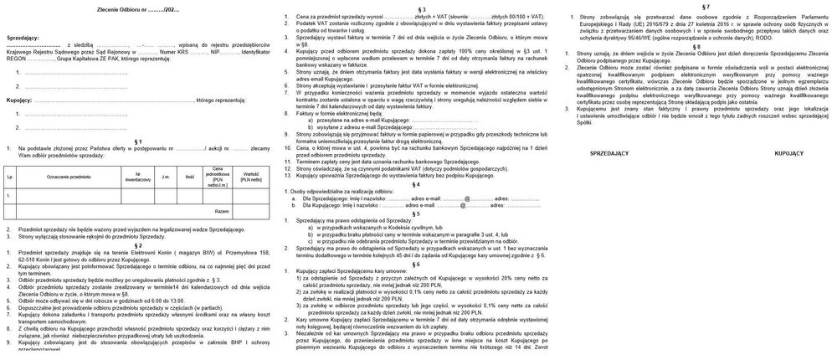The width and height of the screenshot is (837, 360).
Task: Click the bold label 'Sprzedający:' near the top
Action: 23,39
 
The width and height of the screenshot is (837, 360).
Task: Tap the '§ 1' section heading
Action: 138,141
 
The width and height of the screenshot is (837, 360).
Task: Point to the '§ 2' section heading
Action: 138,244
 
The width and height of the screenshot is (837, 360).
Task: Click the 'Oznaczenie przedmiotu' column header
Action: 69,177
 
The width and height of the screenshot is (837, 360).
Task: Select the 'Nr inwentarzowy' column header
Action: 137,177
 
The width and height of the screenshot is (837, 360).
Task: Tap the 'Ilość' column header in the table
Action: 190,177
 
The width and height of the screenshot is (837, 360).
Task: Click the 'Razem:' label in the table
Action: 222,212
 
